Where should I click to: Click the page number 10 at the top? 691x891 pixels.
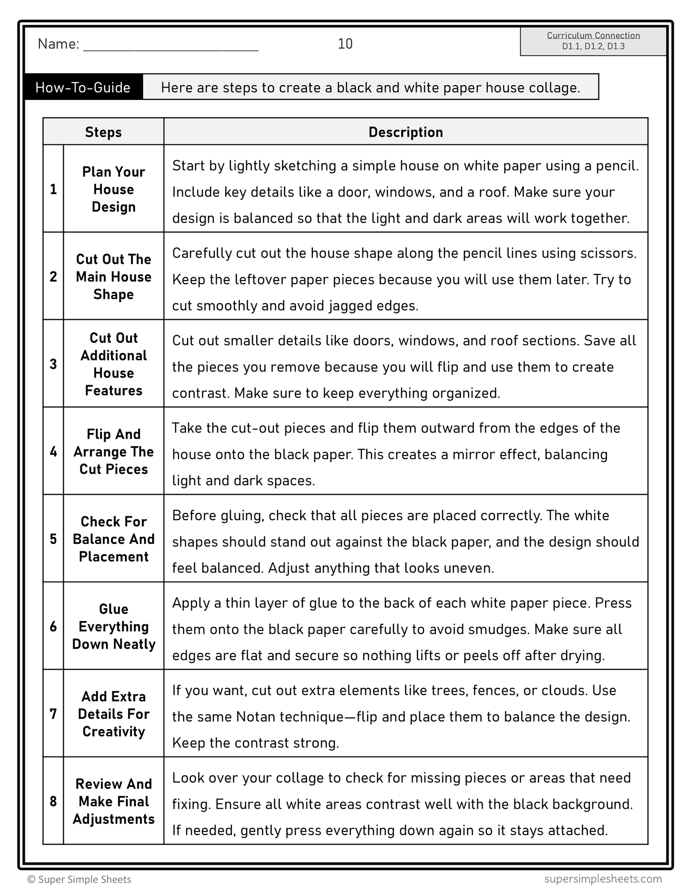[x=345, y=44]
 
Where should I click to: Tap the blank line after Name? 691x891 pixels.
[x=171, y=45]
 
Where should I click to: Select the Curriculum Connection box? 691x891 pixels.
[x=593, y=41]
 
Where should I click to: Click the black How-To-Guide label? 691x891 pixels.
[x=83, y=87]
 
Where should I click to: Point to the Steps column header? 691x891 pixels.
[x=103, y=132]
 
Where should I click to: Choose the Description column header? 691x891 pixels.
[x=406, y=132]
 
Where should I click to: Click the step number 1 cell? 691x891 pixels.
[x=53, y=189]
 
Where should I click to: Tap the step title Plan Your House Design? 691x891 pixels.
[x=114, y=189]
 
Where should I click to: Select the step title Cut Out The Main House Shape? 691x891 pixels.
[x=114, y=276]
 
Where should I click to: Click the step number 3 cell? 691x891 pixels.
[x=53, y=364]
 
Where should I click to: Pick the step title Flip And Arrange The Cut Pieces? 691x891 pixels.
[x=114, y=451]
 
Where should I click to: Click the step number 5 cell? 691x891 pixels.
[x=53, y=539]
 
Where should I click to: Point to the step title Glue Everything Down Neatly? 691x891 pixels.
[x=114, y=626]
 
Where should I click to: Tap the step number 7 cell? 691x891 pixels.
[x=53, y=714]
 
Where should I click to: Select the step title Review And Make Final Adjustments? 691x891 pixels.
[x=114, y=801]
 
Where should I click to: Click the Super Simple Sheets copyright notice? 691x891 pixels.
[x=79, y=879]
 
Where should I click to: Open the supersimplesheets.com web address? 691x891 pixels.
[x=603, y=879]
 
